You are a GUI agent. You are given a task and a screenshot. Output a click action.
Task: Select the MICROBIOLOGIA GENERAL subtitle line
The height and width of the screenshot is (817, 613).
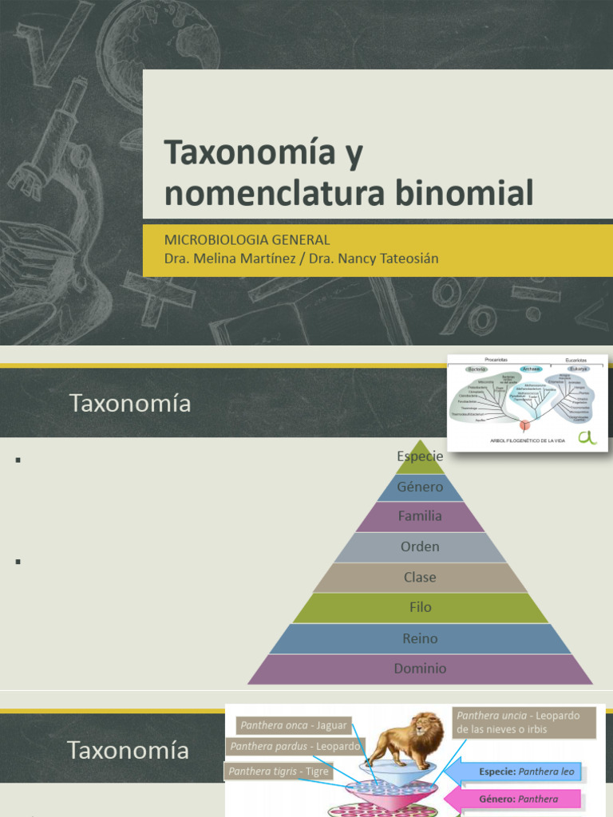[x=247, y=239]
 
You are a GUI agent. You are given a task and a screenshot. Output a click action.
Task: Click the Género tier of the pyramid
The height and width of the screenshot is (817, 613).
[x=420, y=487]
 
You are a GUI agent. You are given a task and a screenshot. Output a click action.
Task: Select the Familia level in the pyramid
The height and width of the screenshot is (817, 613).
[x=420, y=516]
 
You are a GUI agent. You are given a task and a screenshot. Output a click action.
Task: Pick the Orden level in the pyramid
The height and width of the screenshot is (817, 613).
[x=420, y=547]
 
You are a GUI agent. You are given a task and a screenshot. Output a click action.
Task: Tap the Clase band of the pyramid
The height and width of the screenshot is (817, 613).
[x=420, y=577]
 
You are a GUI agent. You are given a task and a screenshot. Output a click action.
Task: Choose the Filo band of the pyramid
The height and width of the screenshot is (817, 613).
[x=420, y=607]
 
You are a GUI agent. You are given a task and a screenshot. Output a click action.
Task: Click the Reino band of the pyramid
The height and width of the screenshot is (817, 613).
[x=420, y=638]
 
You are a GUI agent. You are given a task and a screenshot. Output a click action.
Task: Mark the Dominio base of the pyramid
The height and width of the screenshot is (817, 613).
[x=420, y=669]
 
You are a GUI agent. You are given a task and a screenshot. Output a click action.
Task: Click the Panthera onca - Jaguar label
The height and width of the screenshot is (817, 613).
[x=294, y=725]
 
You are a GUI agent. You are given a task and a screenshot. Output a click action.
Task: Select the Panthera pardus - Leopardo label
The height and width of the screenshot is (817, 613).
[x=295, y=748]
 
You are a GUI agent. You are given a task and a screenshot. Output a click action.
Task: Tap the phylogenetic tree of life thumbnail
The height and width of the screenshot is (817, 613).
[x=527, y=402]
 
